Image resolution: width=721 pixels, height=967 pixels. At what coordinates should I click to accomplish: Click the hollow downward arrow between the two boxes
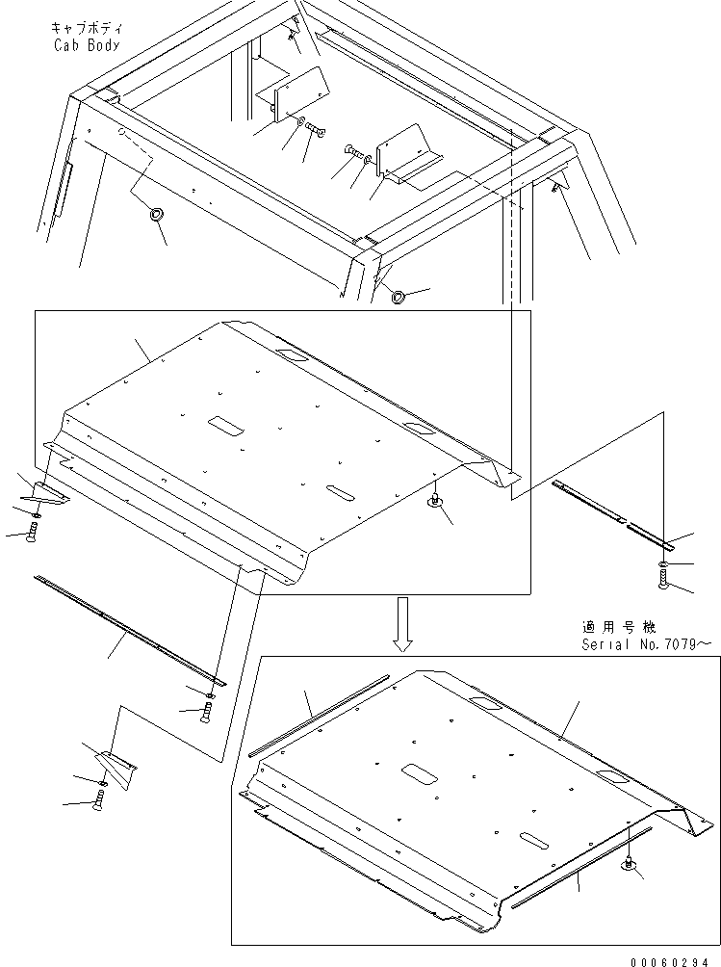coord(404,621)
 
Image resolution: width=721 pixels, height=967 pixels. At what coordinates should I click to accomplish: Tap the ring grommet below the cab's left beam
coord(154,214)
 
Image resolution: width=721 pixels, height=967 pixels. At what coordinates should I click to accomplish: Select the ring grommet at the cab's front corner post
coord(398,297)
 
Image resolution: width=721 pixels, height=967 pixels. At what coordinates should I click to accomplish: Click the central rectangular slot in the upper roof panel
coord(231,424)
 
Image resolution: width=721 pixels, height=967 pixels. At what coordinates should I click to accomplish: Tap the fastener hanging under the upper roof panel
coord(435,500)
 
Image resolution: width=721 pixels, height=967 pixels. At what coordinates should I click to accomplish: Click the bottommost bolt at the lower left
coord(99,798)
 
